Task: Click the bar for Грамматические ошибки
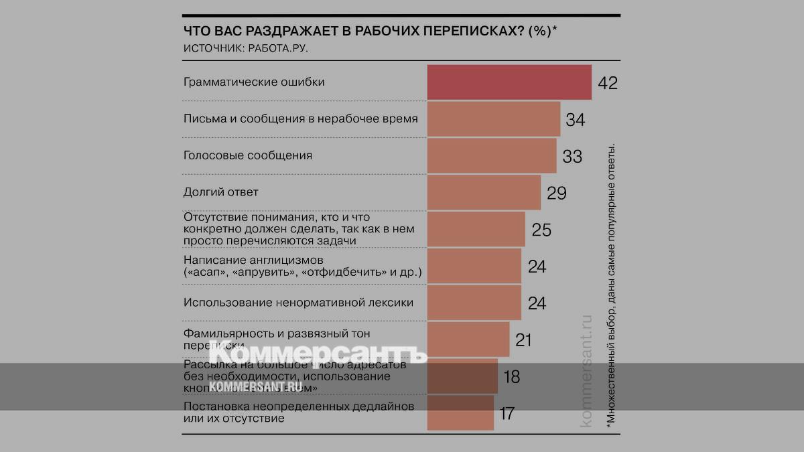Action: coord(509,82)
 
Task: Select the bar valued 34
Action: coord(494,119)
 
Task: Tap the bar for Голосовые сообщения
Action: coord(492,155)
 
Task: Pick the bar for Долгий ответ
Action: coord(484,192)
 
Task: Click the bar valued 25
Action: coord(476,229)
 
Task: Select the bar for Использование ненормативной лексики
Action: coord(474,303)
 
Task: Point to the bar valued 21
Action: coord(468,339)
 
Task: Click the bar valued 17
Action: coord(461,412)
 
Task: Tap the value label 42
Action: coord(608,83)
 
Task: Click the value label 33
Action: coord(572,157)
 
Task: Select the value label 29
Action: coord(557,194)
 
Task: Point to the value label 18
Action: coord(511,377)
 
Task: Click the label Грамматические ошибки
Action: coord(254,82)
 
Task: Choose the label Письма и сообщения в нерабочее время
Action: coord(301,119)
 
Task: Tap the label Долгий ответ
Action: coord(220,192)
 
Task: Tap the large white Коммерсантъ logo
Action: coord(318,353)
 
